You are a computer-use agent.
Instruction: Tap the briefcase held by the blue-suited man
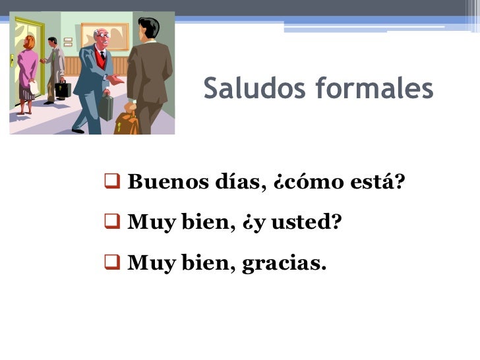pyautogui.click(x=106, y=107)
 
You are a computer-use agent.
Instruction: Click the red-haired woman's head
pyautogui.click(x=29, y=42)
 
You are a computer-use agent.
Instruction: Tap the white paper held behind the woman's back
pyautogui.click(x=34, y=87)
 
